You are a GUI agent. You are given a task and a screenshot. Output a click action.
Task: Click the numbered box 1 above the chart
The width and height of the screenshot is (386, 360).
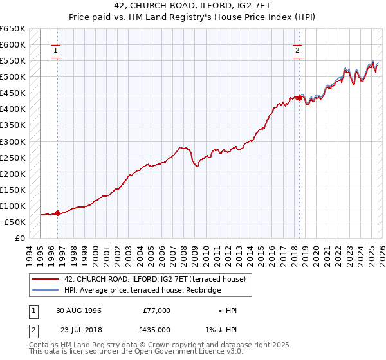pos(56,51)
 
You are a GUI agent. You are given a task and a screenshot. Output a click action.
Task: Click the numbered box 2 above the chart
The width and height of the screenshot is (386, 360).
pos(299,51)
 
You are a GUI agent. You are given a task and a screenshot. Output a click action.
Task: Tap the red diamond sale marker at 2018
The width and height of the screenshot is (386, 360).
pos(299,98)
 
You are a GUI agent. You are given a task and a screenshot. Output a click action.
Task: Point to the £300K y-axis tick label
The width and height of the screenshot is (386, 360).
pos(13,141)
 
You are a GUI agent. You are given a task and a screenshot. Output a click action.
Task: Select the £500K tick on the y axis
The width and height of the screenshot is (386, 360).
pos(13,77)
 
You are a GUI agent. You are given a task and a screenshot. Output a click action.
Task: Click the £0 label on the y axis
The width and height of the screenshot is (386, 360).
pos(19,238)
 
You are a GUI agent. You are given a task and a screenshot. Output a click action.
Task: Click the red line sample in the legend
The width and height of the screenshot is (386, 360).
pos(46,279)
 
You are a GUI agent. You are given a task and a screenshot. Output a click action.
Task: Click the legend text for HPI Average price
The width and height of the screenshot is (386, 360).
pos(142,291)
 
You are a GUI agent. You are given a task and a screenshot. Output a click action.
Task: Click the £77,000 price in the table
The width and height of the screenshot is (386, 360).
pos(156,310)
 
